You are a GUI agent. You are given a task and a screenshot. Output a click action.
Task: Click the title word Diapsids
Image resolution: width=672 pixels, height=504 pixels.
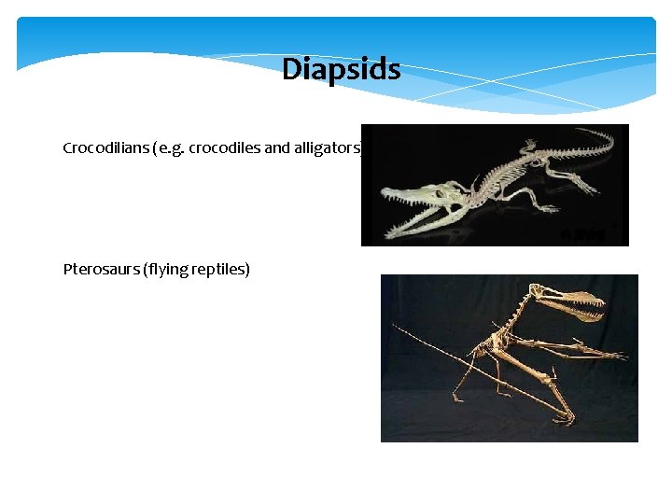pyautogui.click(x=341, y=70)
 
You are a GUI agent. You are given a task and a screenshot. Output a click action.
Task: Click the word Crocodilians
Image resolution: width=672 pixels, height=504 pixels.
pyautogui.click(x=101, y=148)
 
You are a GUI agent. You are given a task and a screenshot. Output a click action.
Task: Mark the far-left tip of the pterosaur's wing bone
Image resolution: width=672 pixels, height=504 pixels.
pyautogui.click(x=396, y=326)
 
